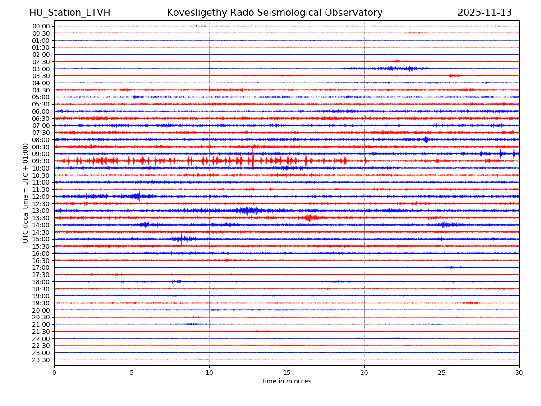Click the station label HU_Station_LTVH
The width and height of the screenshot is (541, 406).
click(70, 13)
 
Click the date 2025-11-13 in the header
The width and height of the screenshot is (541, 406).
click(485, 13)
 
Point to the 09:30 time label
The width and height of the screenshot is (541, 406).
click(41, 161)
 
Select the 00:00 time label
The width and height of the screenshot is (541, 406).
click(41, 26)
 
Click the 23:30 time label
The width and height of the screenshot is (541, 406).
click(41, 360)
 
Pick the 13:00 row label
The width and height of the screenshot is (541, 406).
click(41, 211)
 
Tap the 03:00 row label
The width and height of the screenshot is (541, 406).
click(41, 69)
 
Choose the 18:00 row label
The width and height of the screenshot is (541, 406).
click(41, 282)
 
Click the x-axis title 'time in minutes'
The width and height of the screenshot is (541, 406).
click(287, 382)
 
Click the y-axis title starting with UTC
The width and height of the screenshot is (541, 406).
click(26, 193)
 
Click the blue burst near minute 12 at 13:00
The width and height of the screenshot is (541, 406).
click(246, 210)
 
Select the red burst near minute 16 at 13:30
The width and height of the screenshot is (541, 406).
click(309, 218)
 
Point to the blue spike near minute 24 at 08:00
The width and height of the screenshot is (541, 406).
click(426, 139)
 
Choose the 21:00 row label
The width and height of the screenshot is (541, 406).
click(41, 324)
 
